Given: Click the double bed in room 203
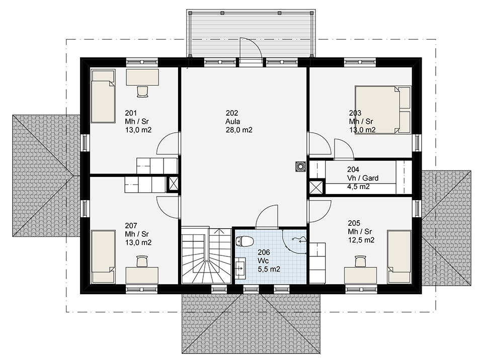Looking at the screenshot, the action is pyautogui.click(x=383, y=110).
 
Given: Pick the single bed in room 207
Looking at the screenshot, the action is pyautogui.click(x=103, y=256).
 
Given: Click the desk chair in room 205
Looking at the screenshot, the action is pyautogui.click(x=360, y=261).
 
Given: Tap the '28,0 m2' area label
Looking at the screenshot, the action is pyautogui.click(x=239, y=130).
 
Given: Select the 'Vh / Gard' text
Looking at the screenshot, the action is pyautogui.click(x=363, y=178).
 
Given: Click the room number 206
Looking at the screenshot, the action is pyautogui.click(x=264, y=252).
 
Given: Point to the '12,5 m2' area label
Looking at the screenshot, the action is pyautogui.click(x=361, y=240).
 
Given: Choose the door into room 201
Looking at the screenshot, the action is pyautogui.click(x=168, y=143).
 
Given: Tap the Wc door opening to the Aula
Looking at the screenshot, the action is pyautogui.click(x=267, y=217).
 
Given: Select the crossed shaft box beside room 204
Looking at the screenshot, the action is pyautogui.click(x=316, y=187).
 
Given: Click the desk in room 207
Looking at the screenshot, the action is pyautogui.click(x=142, y=275).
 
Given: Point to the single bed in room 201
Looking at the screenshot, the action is pyautogui.click(x=103, y=96).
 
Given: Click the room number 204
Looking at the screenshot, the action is pyautogui.click(x=353, y=169).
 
